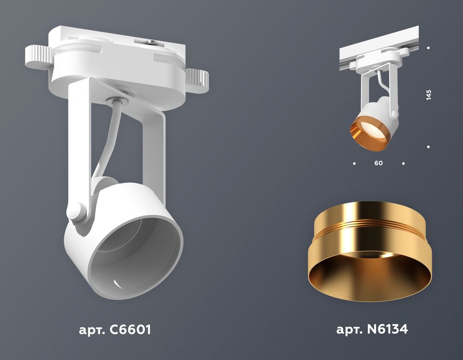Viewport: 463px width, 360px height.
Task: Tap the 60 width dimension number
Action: [379, 163]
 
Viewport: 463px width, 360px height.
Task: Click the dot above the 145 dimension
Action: [428, 48]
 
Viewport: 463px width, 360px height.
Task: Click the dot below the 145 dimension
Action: [428, 147]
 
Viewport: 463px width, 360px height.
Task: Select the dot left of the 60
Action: [354, 163]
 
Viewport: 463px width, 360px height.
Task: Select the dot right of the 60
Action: [403, 163]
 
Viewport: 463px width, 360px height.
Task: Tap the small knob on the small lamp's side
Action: [394, 113]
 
